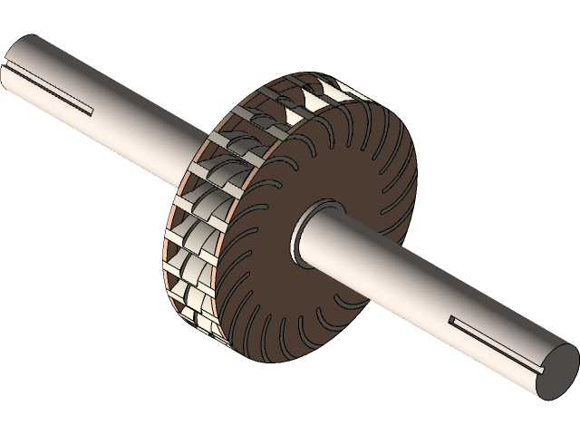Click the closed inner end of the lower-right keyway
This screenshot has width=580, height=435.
(451, 319)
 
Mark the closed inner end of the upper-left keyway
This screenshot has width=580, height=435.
(91, 111)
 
